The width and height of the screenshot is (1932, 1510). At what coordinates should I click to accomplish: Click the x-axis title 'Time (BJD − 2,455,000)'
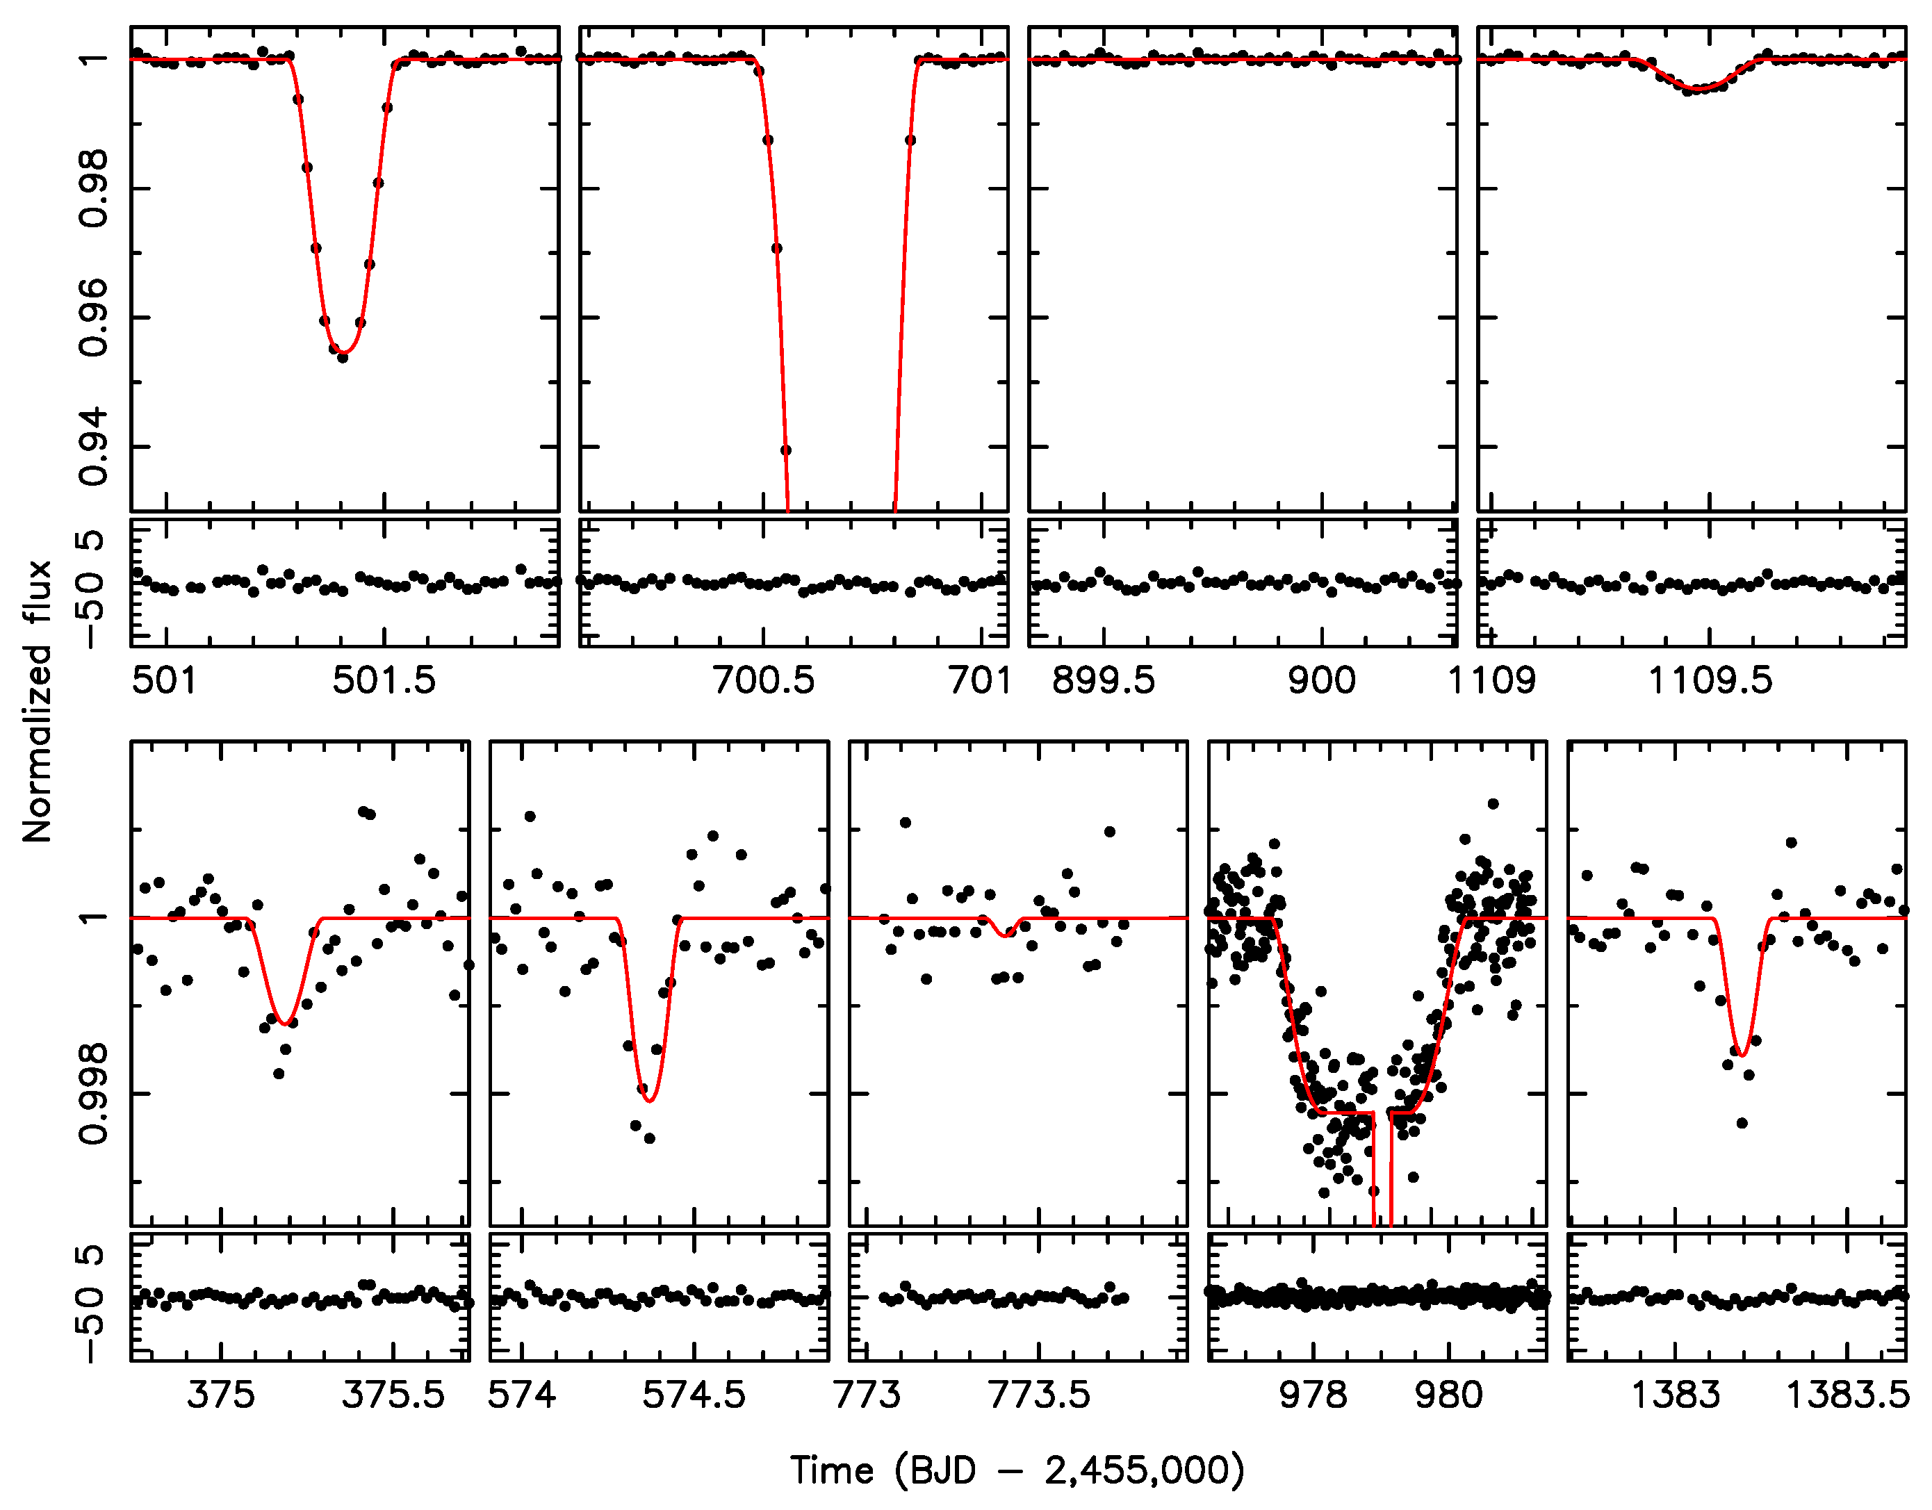click(x=1017, y=1470)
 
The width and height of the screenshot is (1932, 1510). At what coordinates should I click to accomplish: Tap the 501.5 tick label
click(x=384, y=680)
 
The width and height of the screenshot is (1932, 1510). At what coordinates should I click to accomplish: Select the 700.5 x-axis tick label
click(x=764, y=680)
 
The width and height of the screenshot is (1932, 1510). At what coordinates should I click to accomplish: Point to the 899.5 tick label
click(x=1103, y=680)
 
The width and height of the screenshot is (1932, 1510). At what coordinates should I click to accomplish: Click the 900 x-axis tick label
click(x=1322, y=680)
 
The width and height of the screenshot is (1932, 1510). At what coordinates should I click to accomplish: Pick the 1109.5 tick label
click(x=1710, y=680)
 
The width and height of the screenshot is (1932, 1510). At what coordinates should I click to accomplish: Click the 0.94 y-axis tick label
click(x=94, y=447)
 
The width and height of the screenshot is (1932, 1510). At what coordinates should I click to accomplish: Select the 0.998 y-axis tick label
click(x=94, y=1093)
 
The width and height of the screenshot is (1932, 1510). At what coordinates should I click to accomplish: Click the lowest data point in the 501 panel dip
click(x=343, y=357)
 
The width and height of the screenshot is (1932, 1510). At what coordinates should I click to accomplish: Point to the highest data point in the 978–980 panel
click(x=1493, y=804)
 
